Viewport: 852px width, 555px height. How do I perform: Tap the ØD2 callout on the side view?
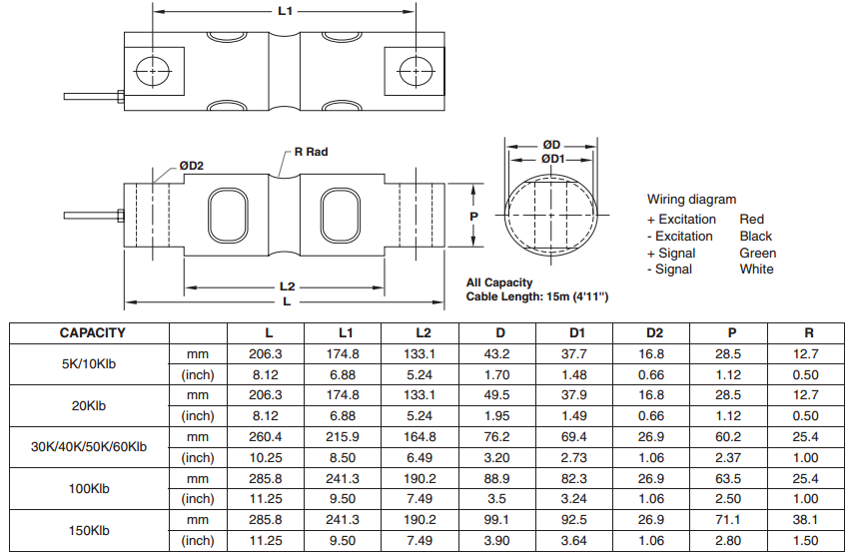(x=191, y=166)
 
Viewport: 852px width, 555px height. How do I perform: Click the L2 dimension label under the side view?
(x=288, y=286)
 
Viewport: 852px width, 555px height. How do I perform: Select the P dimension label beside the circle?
(x=474, y=215)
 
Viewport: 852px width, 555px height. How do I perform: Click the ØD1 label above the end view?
(x=552, y=159)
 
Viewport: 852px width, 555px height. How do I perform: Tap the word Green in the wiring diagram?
(x=758, y=253)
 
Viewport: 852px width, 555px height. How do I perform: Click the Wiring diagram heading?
(x=691, y=200)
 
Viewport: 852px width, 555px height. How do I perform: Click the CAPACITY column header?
(x=93, y=332)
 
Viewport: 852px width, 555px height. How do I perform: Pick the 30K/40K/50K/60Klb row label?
(x=89, y=447)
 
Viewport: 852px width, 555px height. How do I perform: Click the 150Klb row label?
(x=89, y=530)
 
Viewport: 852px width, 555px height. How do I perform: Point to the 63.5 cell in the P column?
(x=728, y=479)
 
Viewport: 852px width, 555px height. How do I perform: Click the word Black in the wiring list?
(x=756, y=237)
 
